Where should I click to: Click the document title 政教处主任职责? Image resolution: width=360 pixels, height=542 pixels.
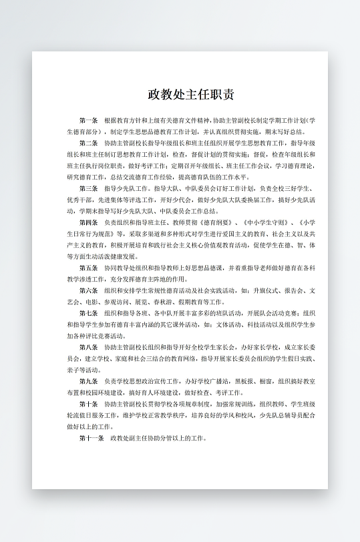pos(191,95)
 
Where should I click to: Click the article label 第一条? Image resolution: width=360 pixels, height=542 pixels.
pos(88,121)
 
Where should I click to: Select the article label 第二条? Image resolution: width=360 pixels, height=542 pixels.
pos(88,143)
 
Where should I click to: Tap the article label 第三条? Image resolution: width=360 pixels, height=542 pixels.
pos(88,189)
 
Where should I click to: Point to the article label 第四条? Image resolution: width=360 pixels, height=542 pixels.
pos(88,222)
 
